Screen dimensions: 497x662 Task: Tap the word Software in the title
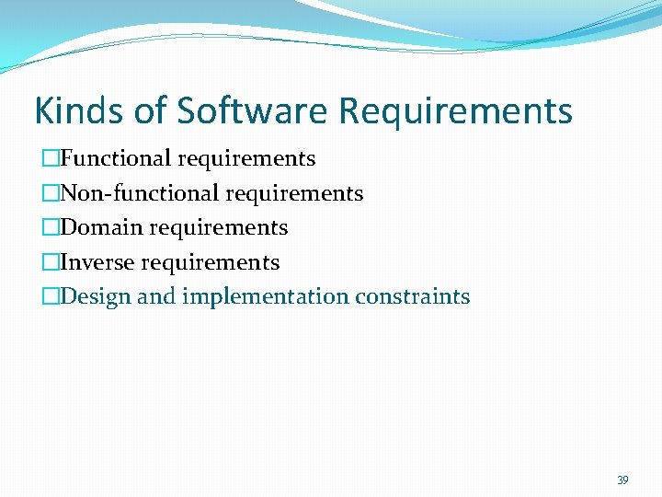[x=254, y=111]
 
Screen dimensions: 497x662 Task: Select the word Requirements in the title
[x=455, y=111]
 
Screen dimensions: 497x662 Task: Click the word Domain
[x=101, y=227]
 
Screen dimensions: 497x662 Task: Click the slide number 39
[x=622, y=480]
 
